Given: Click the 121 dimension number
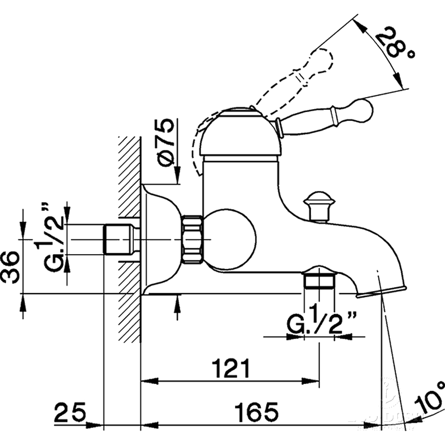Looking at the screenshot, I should tap(231, 368).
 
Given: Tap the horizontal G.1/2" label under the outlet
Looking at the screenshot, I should tap(316, 325).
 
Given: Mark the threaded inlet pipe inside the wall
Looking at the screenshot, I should tap(118, 239).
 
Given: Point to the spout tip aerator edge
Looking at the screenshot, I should tap(381, 291).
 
